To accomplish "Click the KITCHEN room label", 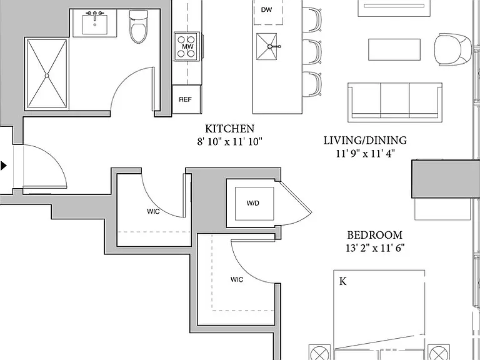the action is pyautogui.click(x=229, y=129).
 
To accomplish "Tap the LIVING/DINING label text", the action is pyautogui.click(x=365, y=140).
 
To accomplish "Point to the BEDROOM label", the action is pyautogui.click(x=375, y=235).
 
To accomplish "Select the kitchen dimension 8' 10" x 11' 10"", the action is pyautogui.click(x=229, y=142).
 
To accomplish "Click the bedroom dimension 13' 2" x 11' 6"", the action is pyautogui.click(x=375, y=247).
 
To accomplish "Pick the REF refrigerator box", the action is pyautogui.click(x=186, y=99).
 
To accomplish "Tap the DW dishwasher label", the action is pyautogui.click(x=266, y=10).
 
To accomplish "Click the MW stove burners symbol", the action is pyautogui.click(x=187, y=46).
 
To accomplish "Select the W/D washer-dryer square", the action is pyautogui.click(x=254, y=203).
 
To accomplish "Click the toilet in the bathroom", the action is pyautogui.click(x=138, y=27).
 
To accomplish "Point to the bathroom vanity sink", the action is pyautogui.click(x=95, y=23).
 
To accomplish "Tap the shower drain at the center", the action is pyautogui.click(x=47, y=75).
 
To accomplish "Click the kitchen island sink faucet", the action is pyautogui.click(x=273, y=46).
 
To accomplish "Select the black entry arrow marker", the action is pyautogui.click(x=3, y=166).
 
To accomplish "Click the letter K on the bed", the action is pyautogui.click(x=343, y=281).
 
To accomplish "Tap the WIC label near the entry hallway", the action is pyautogui.click(x=153, y=211).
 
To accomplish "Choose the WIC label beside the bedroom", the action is pyautogui.click(x=237, y=279).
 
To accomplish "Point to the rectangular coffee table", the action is pyautogui.click(x=394, y=49).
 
